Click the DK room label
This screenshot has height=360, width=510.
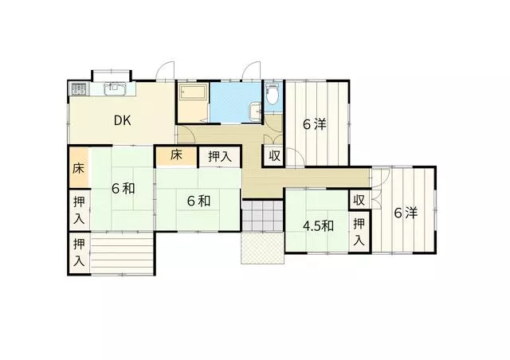click(122, 120)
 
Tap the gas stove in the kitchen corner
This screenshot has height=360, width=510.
click(79, 88)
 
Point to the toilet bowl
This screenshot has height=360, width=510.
click(272, 95)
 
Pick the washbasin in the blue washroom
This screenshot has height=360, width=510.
click(255, 112)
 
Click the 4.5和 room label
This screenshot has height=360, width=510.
click(318, 226)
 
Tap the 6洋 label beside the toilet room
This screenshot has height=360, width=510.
click(314, 124)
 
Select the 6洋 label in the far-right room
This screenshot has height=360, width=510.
click(406, 213)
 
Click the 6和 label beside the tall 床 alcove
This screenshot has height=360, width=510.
click(123, 189)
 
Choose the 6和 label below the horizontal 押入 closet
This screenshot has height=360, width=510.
click(198, 201)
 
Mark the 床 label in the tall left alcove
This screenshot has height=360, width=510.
click(78, 168)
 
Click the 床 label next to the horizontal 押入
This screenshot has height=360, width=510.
click(176, 155)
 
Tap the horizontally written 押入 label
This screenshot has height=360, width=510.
click(220, 157)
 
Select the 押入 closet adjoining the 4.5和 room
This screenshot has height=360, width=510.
click(359, 232)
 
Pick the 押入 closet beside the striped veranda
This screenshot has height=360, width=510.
click(79, 253)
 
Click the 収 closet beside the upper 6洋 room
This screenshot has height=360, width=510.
click(274, 156)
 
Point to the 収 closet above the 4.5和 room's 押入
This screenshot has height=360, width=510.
click(359, 200)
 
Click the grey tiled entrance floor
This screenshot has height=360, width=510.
click(262, 215)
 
